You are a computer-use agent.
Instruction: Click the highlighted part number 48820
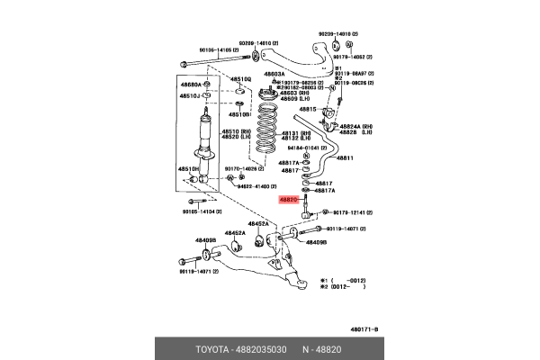(x=289, y=200)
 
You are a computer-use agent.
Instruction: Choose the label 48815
(x=309, y=109)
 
